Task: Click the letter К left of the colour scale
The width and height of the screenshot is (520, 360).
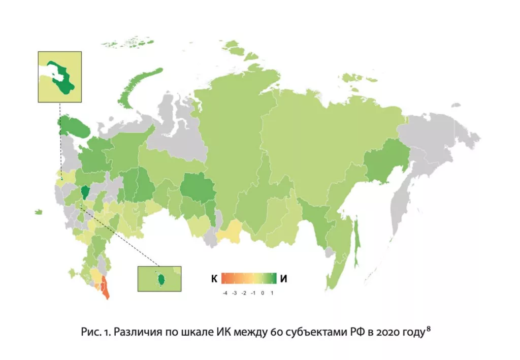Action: click(x=215, y=278)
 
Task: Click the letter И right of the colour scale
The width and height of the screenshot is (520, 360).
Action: click(x=284, y=278)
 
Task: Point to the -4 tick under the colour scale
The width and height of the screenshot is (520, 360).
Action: click(x=224, y=293)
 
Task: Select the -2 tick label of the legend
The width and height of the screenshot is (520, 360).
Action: click(x=244, y=293)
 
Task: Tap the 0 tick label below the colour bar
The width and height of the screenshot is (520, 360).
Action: click(x=263, y=293)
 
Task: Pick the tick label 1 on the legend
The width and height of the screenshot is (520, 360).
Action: click(x=272, y=293)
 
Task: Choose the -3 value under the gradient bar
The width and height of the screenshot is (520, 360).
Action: click(x=234, y=293)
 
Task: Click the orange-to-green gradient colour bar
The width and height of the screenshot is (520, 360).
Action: click(x=248, y=278)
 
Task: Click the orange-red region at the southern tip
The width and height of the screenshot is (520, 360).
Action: click(x=105, y=287)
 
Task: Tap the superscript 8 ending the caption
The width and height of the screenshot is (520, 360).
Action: click(x=429, y=330)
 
